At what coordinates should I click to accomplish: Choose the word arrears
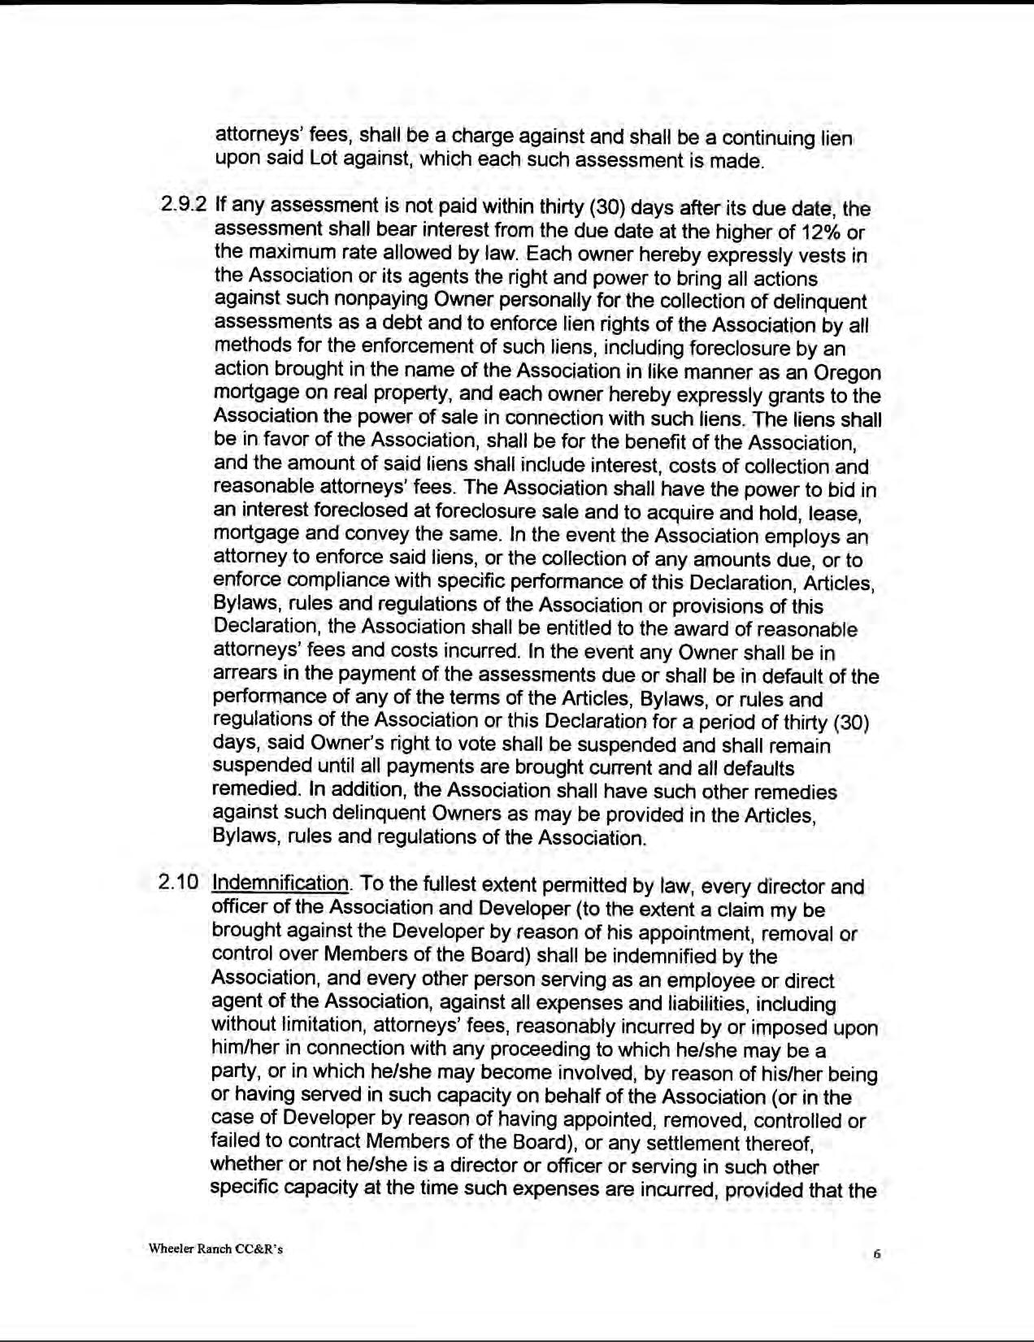coord(241,676)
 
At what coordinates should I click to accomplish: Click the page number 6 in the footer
coord(876,1254)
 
